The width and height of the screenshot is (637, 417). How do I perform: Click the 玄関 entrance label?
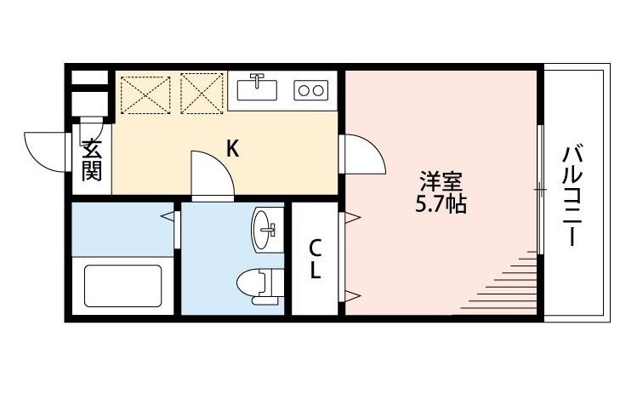[x=92, y=159]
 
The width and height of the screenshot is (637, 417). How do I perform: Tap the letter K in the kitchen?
[x=232, y=149]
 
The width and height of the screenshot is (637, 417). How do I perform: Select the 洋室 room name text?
[x=441, y=181]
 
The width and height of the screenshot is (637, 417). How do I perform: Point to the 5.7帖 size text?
[x=441, y=204]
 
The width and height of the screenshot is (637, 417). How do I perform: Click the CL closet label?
[x=315, y=260]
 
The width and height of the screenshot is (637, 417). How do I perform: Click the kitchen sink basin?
[x=258, y=89]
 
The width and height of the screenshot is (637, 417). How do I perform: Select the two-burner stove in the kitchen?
[x=310, y=89]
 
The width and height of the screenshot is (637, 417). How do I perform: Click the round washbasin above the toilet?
[x=265, y=227]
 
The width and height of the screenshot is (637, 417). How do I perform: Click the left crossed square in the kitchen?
[x=145, y=94]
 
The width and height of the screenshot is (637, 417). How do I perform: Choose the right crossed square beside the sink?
[x=202, y=94]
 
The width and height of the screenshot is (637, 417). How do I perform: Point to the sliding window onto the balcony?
[x=540, y=189]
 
